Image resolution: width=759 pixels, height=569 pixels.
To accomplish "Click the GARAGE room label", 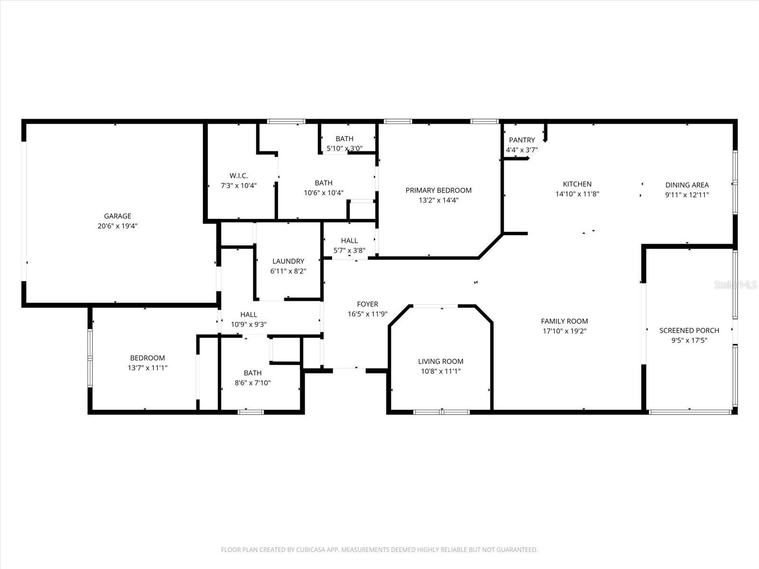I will point(118,216).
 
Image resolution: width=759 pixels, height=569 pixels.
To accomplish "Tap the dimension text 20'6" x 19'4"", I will point(118,226).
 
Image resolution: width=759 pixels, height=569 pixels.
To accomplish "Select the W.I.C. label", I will point(239,175).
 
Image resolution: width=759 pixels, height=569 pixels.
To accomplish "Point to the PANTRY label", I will point(522,140).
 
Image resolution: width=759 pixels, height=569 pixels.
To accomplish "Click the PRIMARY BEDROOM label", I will point(438,190).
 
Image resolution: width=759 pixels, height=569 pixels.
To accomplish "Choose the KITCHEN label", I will point(577,184).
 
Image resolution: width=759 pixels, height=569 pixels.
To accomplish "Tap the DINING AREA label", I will point(687,185).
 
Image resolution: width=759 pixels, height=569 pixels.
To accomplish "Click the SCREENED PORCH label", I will point(689,330).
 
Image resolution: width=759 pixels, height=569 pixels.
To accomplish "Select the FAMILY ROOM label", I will point(565,321).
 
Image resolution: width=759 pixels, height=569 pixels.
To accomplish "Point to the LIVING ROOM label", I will point(441,361).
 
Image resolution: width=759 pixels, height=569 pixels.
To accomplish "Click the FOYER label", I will point(368,304).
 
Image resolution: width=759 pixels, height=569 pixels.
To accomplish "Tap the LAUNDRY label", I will point(288,261).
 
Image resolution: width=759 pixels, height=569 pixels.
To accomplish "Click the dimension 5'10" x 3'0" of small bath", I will point(344,148).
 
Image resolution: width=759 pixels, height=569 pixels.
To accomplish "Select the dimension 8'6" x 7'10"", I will point(253,383).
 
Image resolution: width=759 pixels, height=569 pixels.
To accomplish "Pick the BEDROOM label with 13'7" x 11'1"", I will point(148,358).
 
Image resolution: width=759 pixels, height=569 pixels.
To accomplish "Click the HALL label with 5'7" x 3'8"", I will point(349,240).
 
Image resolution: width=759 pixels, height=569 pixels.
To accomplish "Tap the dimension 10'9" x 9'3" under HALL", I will point(249,324).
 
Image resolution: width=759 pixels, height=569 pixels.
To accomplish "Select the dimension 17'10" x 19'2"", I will point(565,331).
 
